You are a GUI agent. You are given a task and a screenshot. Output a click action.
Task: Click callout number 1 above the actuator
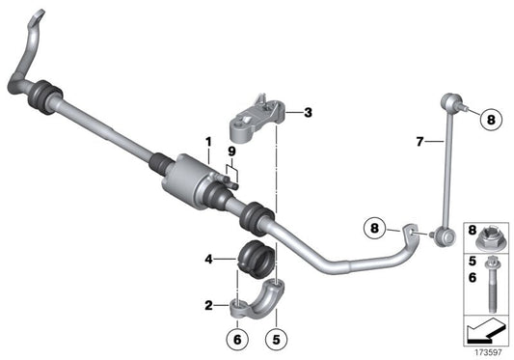[x=207, y=143]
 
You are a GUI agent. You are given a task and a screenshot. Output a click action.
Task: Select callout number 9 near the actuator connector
[x=231, y=152]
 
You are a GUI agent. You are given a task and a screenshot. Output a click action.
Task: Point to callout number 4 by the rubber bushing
[x=209, y=258]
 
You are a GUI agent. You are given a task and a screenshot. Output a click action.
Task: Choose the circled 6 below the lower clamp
[x=238, y=339]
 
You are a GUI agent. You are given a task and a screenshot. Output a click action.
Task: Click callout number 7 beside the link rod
[x=419, y=142]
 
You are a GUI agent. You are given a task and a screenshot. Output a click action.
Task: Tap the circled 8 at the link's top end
[x=489, y=121]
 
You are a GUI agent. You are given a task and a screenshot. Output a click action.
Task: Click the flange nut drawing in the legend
[x=492, y=238]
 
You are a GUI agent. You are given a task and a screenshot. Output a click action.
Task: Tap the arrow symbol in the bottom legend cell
[x=485, y=334]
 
